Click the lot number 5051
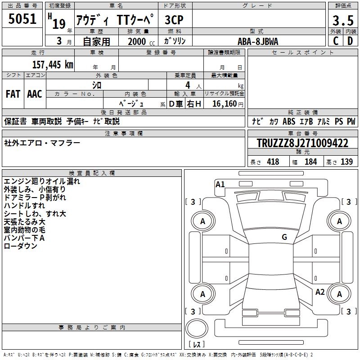pos(22,19)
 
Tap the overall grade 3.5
pos(342,20)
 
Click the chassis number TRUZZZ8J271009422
pos(302,144)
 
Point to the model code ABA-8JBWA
pos(258,41)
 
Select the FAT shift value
pos(13,94)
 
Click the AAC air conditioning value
pos(35,94)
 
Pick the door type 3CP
pos(174,20)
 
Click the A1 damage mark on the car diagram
pos(220,184)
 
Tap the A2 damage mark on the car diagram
pos(320,292)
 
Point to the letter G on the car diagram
pos(284,237)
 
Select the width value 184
pos(310,162)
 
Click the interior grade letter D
pos(350,41)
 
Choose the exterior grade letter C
pos(335,41)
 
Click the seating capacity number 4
pos(187,85)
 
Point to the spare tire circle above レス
pos(197,330)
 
